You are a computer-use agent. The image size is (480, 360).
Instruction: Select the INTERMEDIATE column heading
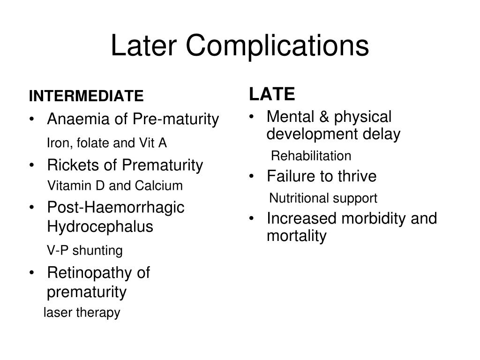[86, 97]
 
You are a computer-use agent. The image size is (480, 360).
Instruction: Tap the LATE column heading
[272, 95]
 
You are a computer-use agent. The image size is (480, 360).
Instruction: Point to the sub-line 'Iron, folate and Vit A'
[107, 143]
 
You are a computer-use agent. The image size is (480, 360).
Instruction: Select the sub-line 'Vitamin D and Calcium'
[115, 186]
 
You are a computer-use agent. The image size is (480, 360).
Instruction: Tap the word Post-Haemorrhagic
[116, 208]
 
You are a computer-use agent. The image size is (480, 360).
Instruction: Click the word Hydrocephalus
[100, 227]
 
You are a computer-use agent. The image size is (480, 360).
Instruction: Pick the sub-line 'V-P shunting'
[85, 251]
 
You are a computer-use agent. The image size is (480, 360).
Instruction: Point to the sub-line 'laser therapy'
[82, 313]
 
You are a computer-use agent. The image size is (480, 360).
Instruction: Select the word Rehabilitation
[311, 156]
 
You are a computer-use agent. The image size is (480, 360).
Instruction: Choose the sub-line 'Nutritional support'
[323, 199]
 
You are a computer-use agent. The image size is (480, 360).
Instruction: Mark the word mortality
[296, 236]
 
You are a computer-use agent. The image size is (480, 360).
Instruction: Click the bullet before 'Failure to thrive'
[253, 177]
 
